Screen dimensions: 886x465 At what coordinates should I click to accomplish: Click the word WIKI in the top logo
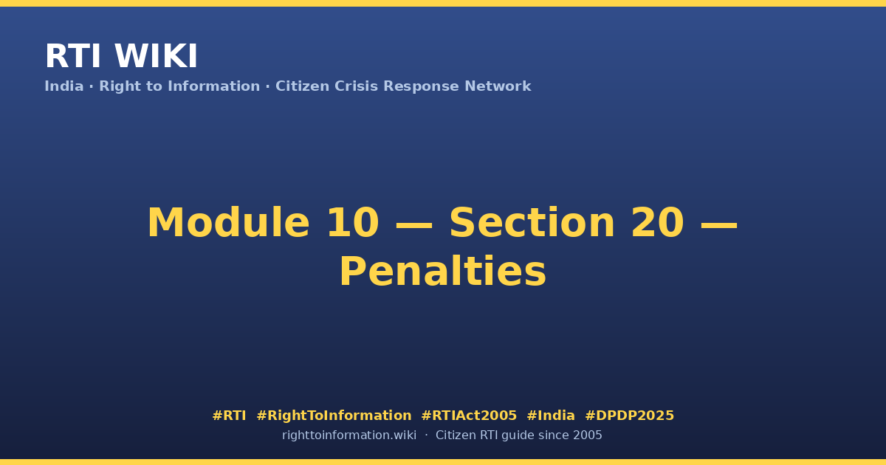(156, 56)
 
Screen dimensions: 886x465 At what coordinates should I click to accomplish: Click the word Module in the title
(228, 223)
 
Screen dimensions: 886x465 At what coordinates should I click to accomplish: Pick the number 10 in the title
(353, 223)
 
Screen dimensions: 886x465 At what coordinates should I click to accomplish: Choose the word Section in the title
(532, 223)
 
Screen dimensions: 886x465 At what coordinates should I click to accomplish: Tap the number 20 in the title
(657, 223)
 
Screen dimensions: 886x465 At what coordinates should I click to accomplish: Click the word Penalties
(443, 272)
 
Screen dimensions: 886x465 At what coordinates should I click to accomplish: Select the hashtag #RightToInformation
(334, 416)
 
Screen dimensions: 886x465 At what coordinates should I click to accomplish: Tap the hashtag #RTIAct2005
(469, 416)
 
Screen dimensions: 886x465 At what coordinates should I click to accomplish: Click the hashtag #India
(551, 416)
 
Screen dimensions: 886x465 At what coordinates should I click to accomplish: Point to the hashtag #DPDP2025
(629, 416)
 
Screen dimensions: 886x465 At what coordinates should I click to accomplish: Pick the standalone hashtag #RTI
(229, 416)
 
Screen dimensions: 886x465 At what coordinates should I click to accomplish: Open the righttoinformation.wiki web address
(349, 435)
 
